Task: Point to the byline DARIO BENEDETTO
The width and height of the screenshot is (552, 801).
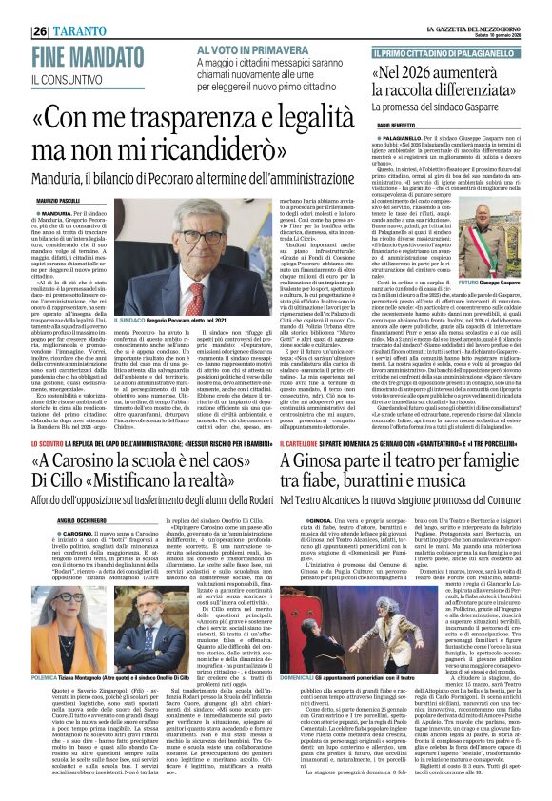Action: pyautogui.click(x=400, y=125)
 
